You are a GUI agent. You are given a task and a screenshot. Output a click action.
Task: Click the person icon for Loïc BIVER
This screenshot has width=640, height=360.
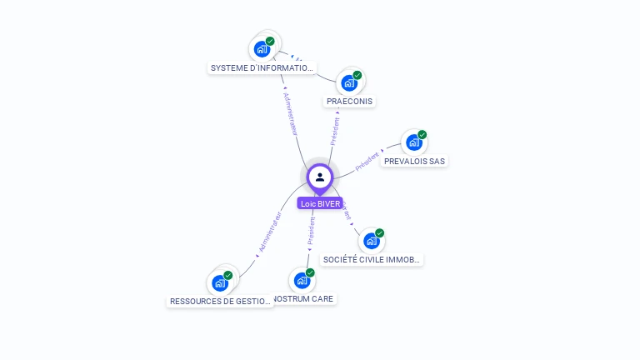coord(320,177)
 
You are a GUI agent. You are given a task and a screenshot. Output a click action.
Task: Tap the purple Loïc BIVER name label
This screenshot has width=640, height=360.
coord(320,203)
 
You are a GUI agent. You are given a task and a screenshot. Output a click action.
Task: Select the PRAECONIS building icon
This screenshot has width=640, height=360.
coord(349,82)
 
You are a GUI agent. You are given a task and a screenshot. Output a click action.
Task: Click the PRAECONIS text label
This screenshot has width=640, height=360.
coord(350,102)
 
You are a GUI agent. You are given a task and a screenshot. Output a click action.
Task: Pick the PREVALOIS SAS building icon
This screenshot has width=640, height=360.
coord(413,142)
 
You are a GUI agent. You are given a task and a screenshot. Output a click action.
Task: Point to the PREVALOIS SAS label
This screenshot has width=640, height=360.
coord(414,161)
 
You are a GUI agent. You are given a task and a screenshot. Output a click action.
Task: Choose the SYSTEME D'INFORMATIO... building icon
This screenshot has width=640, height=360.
coord(262,49)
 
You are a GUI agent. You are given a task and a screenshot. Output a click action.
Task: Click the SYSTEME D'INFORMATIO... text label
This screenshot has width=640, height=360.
coord(262,68)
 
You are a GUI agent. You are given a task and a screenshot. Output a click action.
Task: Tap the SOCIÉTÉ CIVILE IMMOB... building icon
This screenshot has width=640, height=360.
coord(372,241)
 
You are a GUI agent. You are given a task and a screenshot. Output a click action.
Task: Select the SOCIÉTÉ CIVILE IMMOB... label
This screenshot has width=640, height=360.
coord(372,260)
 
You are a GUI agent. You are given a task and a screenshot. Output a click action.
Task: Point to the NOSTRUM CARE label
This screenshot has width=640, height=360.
coord(305,298)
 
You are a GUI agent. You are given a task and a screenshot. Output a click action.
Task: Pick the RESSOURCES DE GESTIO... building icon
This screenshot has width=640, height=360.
coord(220,282)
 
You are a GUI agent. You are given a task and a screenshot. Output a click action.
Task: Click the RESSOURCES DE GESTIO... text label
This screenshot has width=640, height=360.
coord(220,302)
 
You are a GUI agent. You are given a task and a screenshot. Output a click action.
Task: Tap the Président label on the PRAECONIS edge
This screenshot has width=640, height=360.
coord(335,132)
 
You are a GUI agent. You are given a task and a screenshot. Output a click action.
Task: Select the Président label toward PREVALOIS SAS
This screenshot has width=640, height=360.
coord(367,161)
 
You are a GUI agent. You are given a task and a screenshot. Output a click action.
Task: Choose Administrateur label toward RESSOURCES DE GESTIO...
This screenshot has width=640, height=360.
coord(270,232)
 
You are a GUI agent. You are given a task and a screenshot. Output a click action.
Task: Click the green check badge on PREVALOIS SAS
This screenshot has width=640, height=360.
coord(422,134)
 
